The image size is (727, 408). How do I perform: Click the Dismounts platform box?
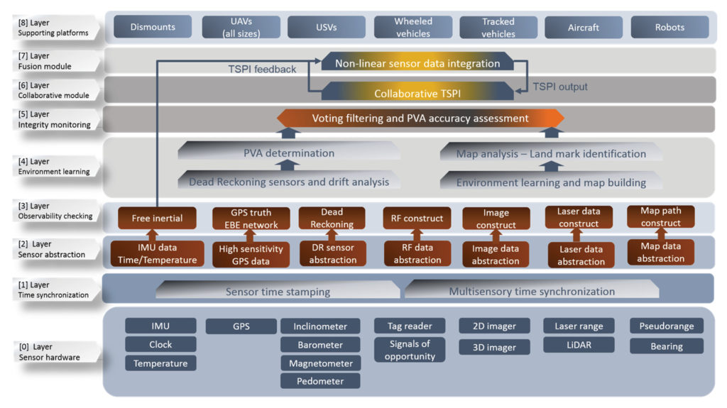coord(153,28)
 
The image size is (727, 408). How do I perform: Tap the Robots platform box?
coord(669,28)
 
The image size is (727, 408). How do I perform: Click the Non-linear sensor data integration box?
coord(417,63)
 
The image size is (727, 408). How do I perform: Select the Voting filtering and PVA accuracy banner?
coord(420,118)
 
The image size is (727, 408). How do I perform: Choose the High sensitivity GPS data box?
coord(252,255)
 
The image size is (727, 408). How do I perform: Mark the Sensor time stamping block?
coord(278,292)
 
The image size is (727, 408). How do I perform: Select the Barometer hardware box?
coord(320,345)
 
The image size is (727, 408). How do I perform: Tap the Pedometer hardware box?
coord(320,381)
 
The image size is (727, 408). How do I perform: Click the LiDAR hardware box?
coord(574,345)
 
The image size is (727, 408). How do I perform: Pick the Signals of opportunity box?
coord(410,350)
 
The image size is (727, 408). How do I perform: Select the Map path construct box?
coord(661,217)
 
